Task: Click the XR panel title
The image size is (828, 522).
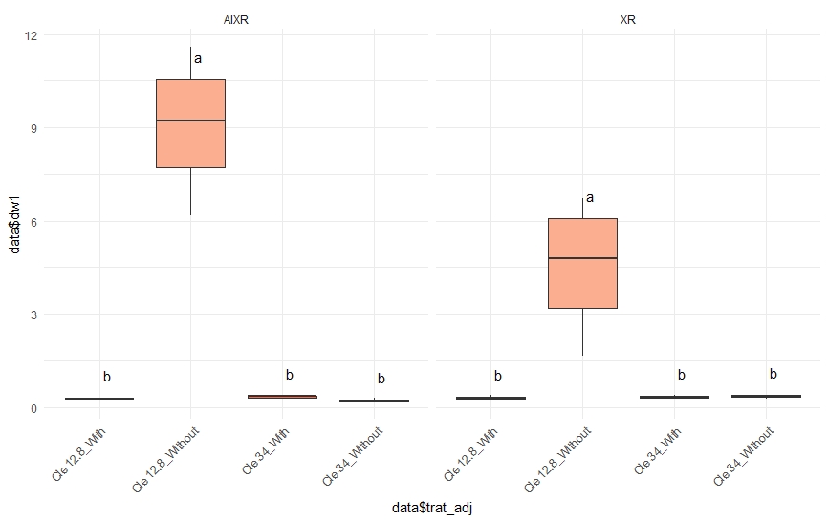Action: tap(627, 19)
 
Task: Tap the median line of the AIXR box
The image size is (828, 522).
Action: tap(190, 120)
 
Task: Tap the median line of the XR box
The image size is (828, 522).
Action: tap(582, 258)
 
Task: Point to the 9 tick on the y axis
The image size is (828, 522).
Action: tap(33, 128)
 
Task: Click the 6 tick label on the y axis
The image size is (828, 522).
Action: tap(33, 222)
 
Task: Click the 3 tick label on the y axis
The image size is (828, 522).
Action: tap(33, 315)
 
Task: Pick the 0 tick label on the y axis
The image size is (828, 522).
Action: tap(33, 408)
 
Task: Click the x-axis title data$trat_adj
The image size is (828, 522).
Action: tap(432, 509)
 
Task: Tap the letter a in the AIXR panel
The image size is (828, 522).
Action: tap(198, 59)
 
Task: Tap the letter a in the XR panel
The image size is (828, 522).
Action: tap(590, 198)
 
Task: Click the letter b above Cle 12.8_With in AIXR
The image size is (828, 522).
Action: tap(107, 377)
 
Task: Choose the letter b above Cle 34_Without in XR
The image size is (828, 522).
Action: tap(774, 374)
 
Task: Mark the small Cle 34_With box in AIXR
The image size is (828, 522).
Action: tap(282, 397)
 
